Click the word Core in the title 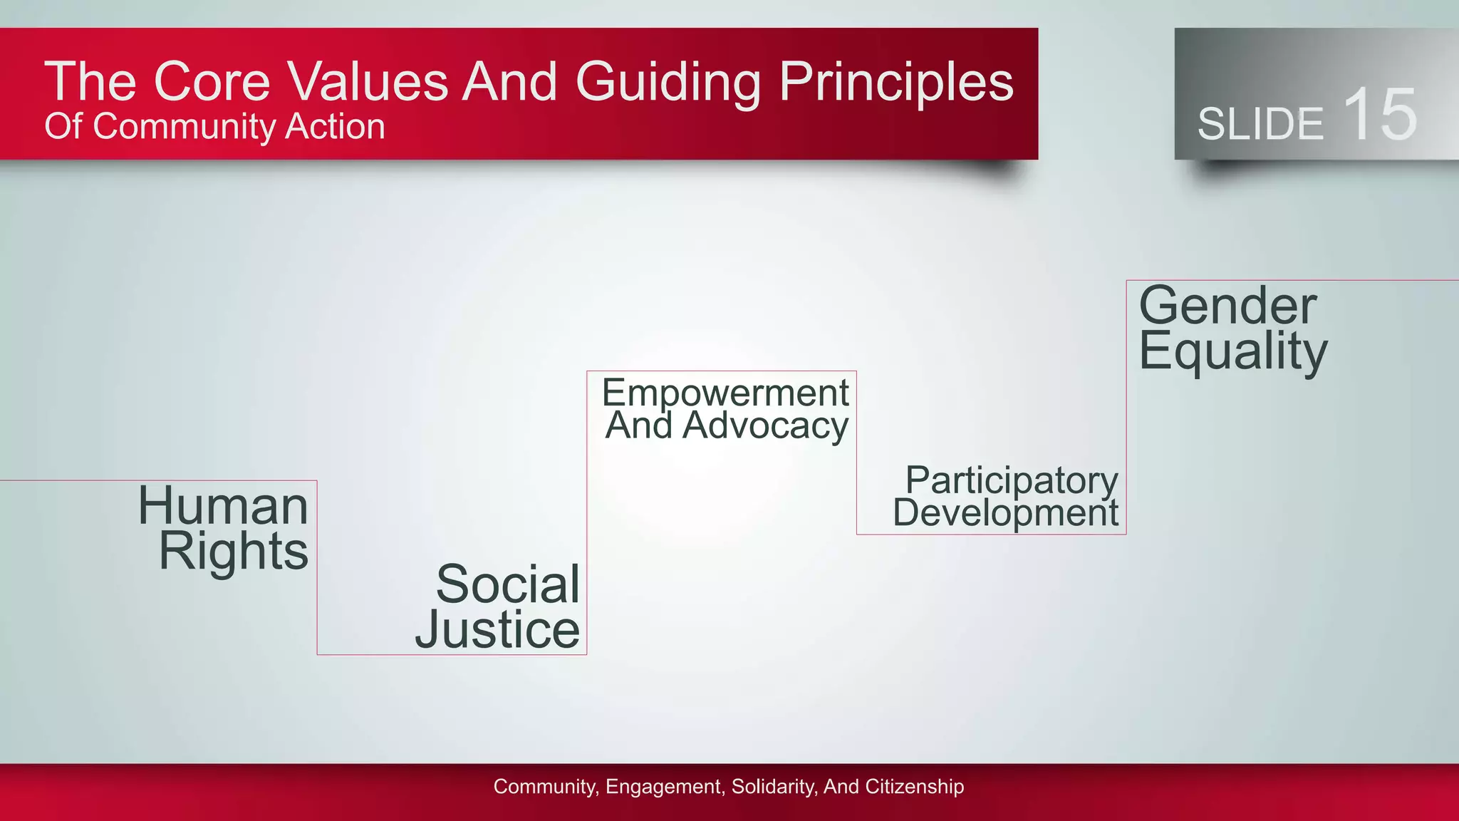[212, 81]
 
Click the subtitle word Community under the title [183, 128]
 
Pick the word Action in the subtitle [335, 126]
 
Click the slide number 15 [1380, 115]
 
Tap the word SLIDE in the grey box [1260, 124]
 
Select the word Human [223, 505]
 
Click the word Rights [234, 551]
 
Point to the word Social [508, 584]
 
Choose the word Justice [497, 629]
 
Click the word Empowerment [725, 393]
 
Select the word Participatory [1012, 480]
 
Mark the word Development [1005, 512]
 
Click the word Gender [1227, 306]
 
